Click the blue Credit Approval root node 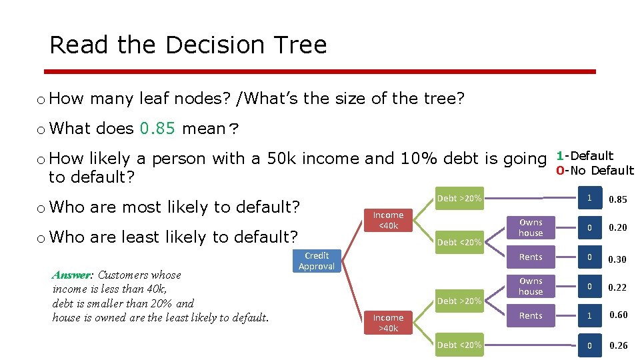click(x=317, y=261)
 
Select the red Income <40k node click(x=388, y=220)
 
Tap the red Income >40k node click(x=388, y=323)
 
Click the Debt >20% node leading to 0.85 click(x=459, y=198)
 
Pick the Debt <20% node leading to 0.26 click(x=459, y=345)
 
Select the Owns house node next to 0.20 click(x=531, y=227)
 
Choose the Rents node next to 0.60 click(x=531, y=315)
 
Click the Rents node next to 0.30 click(x=531, y=257)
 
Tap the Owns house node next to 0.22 click(x=531, y=286)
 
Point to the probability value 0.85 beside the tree click(x=618, y=199)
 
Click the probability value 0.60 click(x=618, y=315)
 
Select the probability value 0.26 click(x=618, y=345)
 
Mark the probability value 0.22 click(x=618, y=287)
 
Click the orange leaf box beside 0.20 click(x=589, y=228)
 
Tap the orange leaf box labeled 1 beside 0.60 click(x=589, y=315)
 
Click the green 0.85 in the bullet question click(x=157, y=128)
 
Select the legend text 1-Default click(x=585, y=156)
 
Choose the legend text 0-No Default click(x=595, y=171)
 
